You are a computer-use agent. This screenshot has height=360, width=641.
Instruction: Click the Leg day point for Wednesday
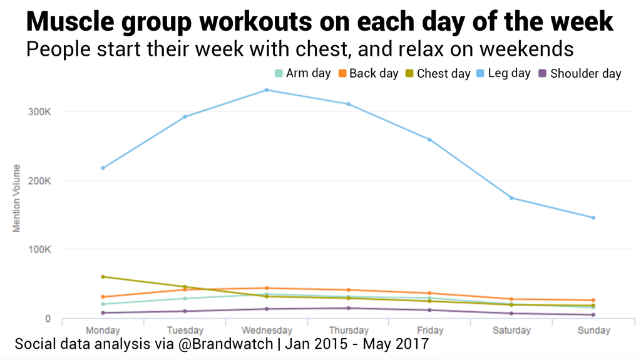click(x=266, y=90)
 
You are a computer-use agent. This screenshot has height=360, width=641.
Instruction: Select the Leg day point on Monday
click(x=103, y=168)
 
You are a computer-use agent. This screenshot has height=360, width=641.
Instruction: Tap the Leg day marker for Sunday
click(x=593, y=217)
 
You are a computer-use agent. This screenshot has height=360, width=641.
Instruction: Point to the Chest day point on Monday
click(x=103, y=276)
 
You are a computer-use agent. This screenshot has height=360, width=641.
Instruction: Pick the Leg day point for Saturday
click(x=511, y=198)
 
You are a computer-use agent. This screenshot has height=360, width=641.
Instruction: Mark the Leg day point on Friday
click(x=429, y=140)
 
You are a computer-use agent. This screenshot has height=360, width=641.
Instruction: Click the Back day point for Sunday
click(x=593, y=300)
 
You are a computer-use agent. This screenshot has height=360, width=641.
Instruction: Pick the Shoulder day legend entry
click(x=579, y=73)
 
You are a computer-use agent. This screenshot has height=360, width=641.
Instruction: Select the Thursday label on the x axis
click(x=348, y=330)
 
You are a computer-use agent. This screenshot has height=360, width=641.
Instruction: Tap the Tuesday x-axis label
click(x=185, y=330)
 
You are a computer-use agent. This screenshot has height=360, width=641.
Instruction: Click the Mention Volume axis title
click(x=17, y=198)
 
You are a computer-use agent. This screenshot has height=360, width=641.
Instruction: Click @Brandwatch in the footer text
click(x=231, y=344)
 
